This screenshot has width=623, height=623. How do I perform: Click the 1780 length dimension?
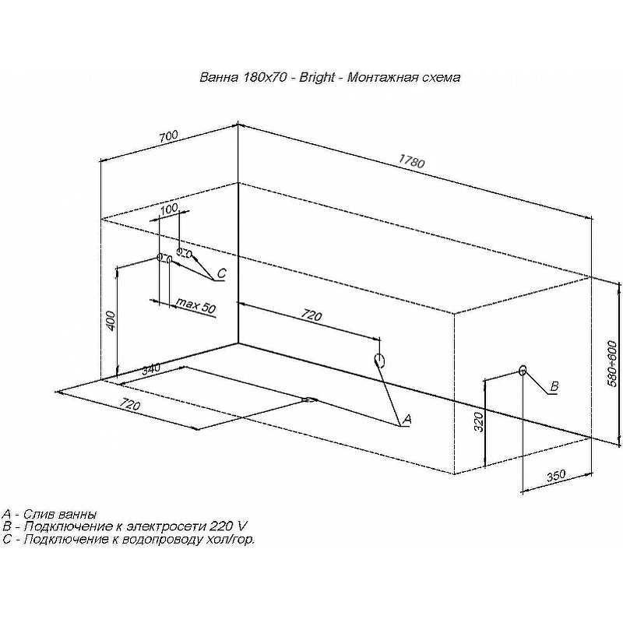411,163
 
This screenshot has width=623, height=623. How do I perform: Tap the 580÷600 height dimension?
613,364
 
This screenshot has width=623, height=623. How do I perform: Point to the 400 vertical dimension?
110,320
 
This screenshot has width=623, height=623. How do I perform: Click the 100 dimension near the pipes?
169,209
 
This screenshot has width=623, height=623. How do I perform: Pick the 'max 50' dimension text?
195,304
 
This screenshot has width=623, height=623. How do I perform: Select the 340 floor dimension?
151,368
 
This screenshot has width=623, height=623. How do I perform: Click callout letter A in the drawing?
405,419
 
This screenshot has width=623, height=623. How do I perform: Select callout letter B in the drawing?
554,386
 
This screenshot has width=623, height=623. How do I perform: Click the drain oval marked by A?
379,360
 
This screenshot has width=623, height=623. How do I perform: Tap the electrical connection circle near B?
522,370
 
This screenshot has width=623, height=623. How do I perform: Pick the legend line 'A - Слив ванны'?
50,514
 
